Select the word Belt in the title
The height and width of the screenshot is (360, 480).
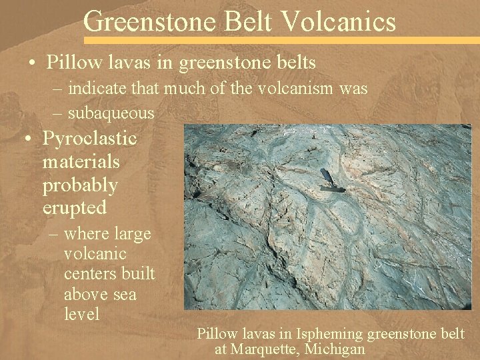coord(251,22)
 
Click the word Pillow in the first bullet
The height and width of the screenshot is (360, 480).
coord(67,63)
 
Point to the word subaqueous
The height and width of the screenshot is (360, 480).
coord(111,113)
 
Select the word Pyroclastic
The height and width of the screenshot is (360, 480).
coord(90,139)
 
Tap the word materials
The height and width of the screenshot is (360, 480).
coord(81,161)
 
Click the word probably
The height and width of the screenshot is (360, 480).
coord(80,185)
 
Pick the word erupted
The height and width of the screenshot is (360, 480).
coord(75,207)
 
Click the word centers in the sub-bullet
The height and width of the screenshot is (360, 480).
coord(90,274)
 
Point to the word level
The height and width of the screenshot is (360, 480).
coord(81,313)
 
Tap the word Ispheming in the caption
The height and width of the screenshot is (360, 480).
coord(323,334)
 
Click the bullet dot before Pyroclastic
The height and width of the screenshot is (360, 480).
coord(28,139)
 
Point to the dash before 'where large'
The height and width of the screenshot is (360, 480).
coord(54,234)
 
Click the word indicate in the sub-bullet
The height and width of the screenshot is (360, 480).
coord(94,88)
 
